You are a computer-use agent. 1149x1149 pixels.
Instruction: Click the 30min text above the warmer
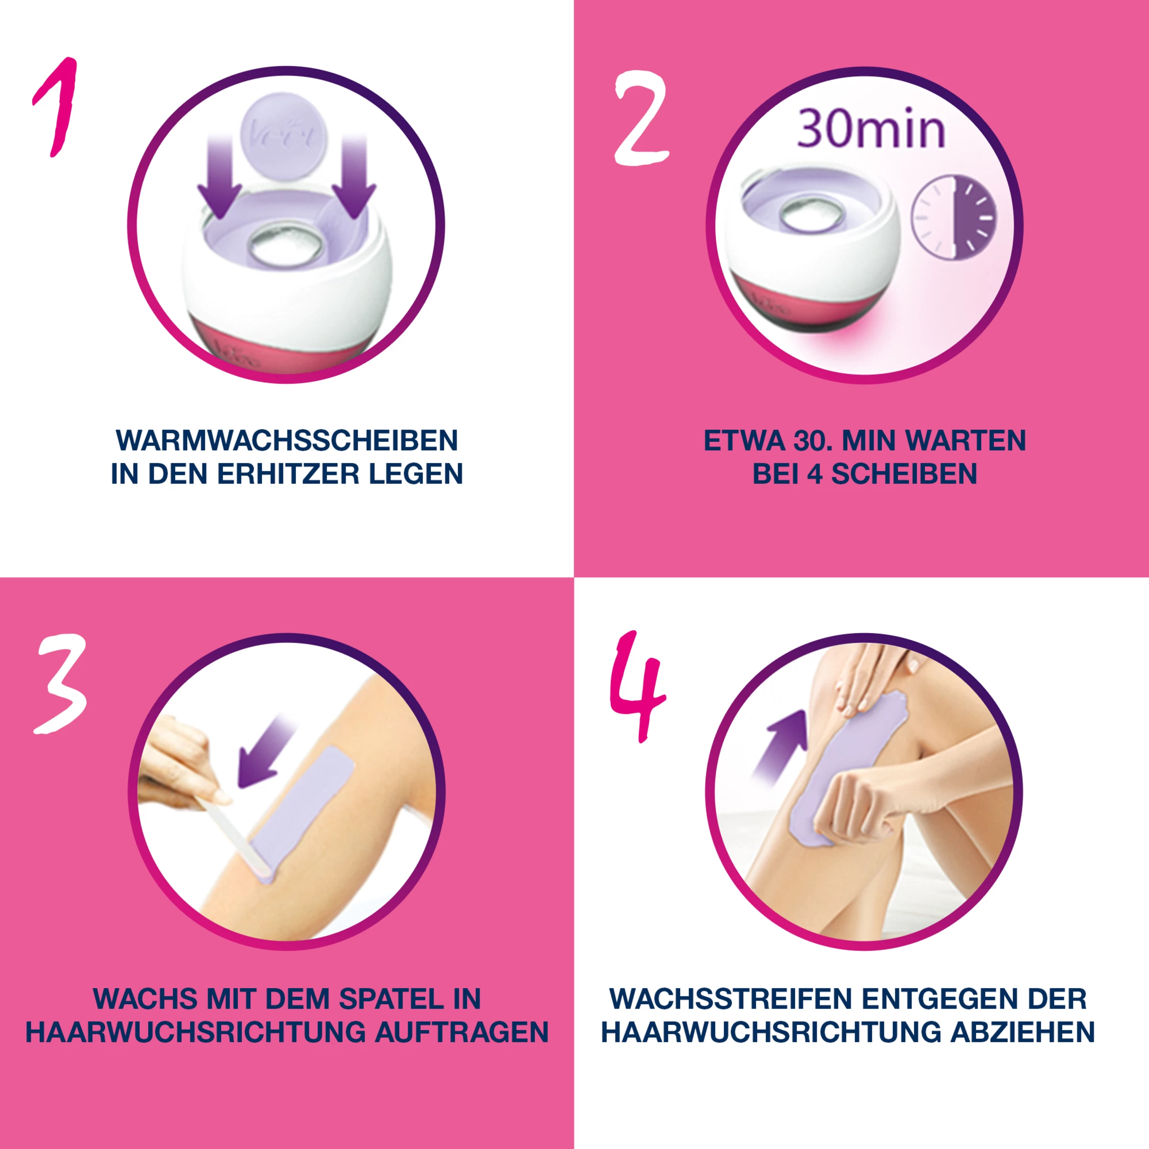[x=871, y=130]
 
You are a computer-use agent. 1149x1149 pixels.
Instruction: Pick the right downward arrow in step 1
[x=354, y=179]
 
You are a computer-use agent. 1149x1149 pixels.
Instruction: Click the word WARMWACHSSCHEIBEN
[x=287, y=440]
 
